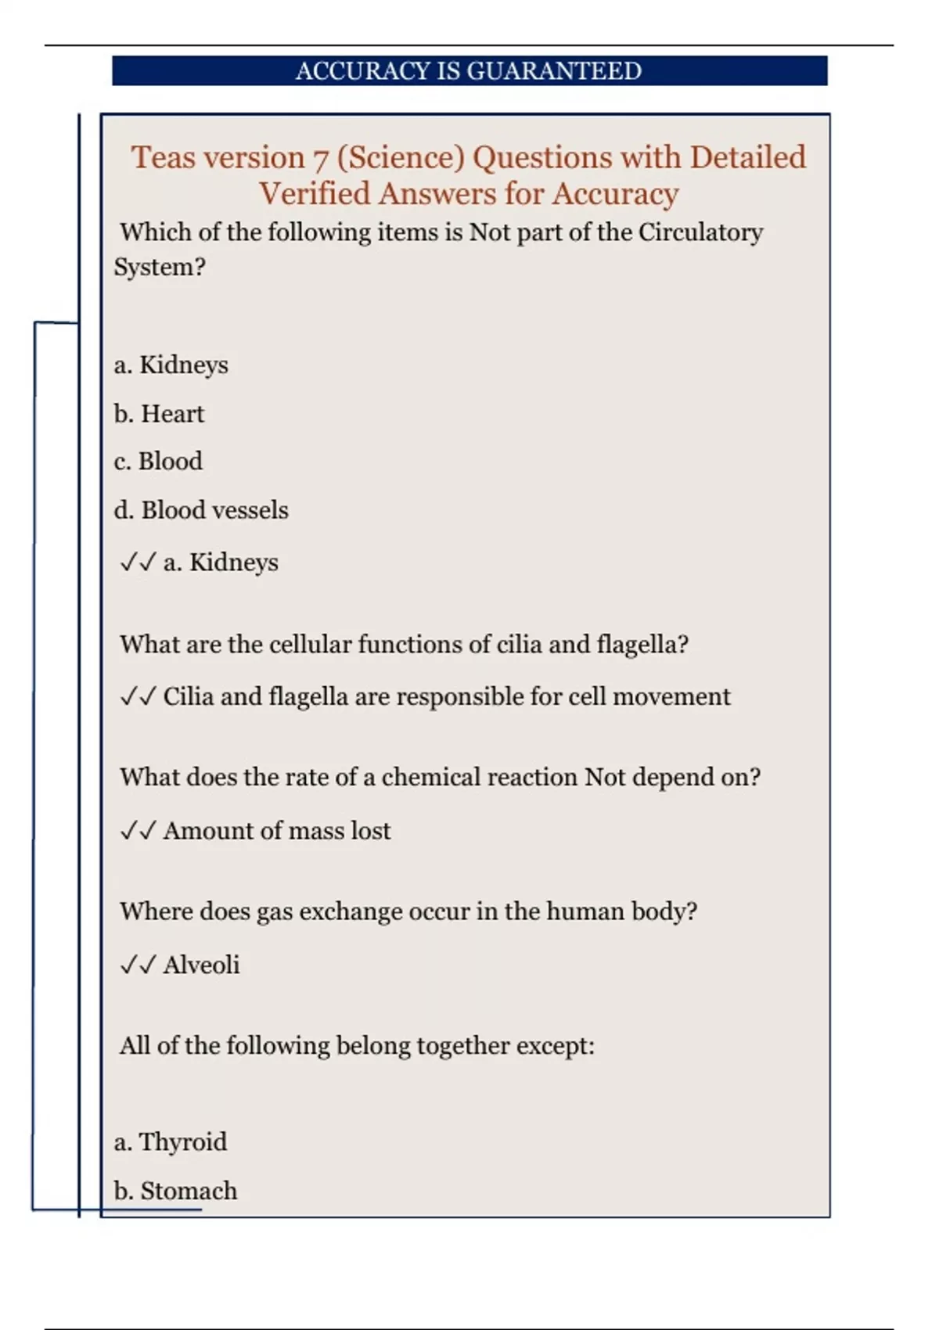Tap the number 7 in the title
pyautogui.click(x=320, y=159)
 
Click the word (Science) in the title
pyautogui.click(x=401, y=158)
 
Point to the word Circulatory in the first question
pyautogui.click(x=700, y=232)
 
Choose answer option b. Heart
pyautogui.click(x=159, y=413)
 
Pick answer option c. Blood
pyautogui.click(x=158, y=461)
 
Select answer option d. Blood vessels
pyautogui.click(x=201, y=510)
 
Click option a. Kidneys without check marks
pyautogui.click(x=171, y=365)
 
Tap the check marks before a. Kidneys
pyautogui.click(x=138, y=563)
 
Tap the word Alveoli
pyautogui.click(x=201, y=965)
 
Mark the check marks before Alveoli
pyautogui.click(x=138, y=965)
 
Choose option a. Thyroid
pyautogui.click(x=171, y=1142)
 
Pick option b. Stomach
pyautogui.click(x=175, y=1191)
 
